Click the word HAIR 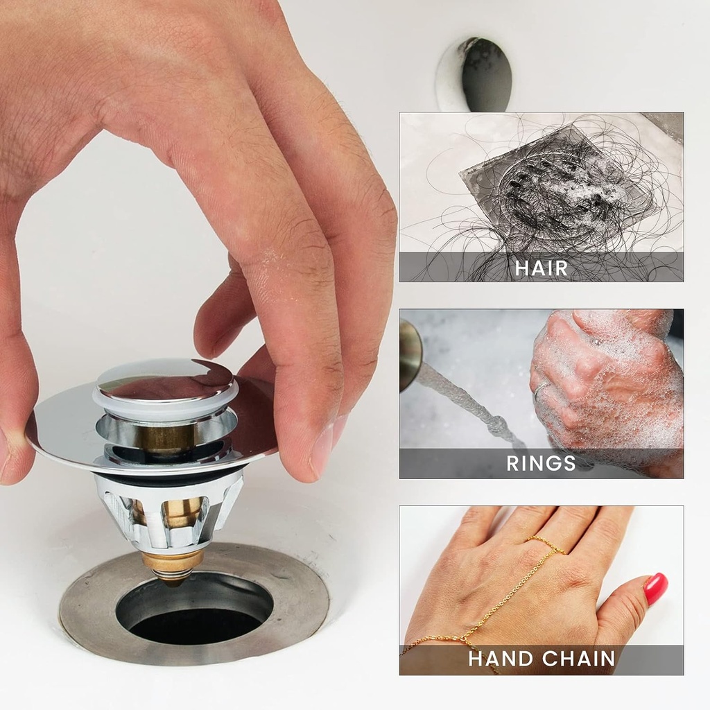(x=541, y=268)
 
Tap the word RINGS (x=541, y=463)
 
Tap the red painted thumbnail (x=655, y=588)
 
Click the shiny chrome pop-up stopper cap (x=165, y=381)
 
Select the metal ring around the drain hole (x=90, y=610)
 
